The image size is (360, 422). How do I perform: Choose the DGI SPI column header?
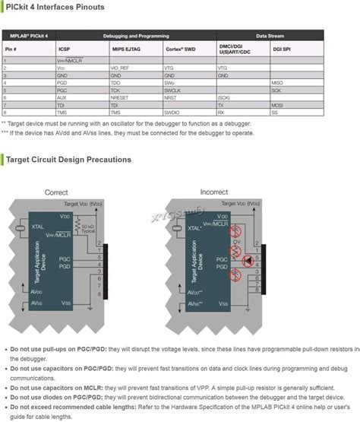[x=282, y=48]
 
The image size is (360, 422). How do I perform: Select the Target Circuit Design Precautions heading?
[x=68, y=160]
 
